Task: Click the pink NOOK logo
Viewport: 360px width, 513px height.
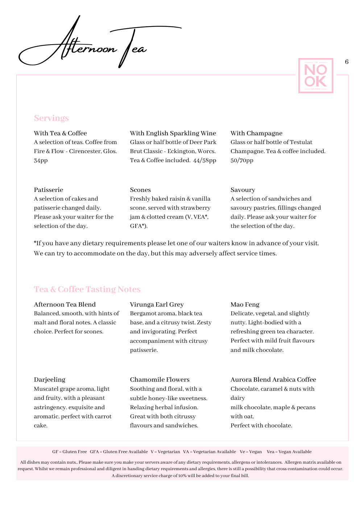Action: pyautogui.click(x=315, y=76)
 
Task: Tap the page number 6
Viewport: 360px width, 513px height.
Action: pyautogui.click(x=347, y=62)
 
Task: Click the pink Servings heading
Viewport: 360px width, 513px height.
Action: pyautogui.click(x=51, y=118)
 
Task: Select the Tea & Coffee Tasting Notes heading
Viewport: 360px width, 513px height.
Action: pyautogui.click(x=87, y=290)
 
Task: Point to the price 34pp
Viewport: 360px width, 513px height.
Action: pyautogui.click(x=41, y=160)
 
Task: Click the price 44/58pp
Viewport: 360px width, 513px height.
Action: pyautogui.click(x=204, y=160)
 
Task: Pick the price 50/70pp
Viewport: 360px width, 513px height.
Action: pyautogui.click(x=242, y=160)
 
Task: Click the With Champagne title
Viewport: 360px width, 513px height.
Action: pyautogui.click(x=256, y=133)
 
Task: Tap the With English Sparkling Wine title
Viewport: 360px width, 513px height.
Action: pyautogui.click(x=173, y=133)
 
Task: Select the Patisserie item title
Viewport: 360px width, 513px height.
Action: pyautogui.click(x=49, y=190)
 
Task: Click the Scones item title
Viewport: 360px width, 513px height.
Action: pyautogui.click(x=140, y=190)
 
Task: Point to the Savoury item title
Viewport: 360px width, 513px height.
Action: pyautogui.click(x=243, y=190)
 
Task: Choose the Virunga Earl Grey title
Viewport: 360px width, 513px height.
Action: pyautogui.click(x=157, y=304)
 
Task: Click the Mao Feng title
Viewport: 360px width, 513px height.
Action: pyautogui.click(x=245, y=304)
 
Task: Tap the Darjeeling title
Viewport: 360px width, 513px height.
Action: pyautogui.click(x=50, y=379)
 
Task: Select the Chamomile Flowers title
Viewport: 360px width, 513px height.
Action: pyautogui.click(x=160, y=379)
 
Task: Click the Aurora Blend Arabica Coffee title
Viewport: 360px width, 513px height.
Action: pyautogui.click(x=273, y=379)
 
